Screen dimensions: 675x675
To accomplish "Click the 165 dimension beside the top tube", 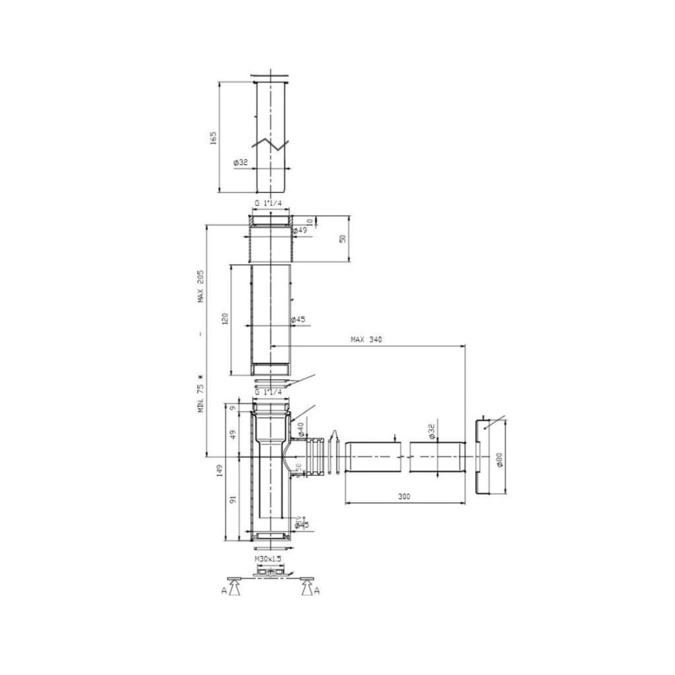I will coord(213,137).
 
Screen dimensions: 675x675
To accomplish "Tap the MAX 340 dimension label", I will coord(366,339).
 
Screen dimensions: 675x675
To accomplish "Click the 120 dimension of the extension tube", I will coord(225,320).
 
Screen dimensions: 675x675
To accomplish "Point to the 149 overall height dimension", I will coord(220,470).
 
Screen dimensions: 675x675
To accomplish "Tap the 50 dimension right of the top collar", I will coord(342,238).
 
